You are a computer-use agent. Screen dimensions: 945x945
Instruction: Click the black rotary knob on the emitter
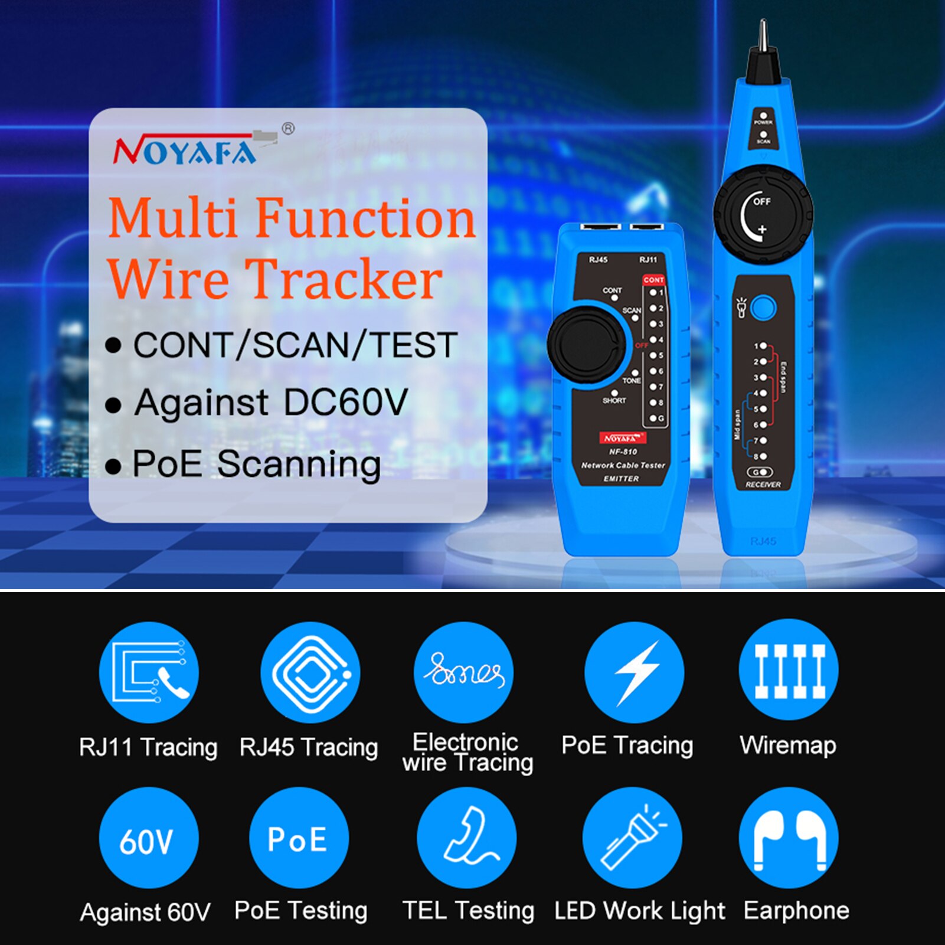pos(586,343)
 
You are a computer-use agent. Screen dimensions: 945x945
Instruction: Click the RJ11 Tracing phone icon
pos(149,672)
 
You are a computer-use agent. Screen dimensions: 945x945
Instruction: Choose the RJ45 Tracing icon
pos(310,672)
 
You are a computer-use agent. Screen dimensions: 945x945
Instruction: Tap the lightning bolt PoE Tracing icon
pos(635,672)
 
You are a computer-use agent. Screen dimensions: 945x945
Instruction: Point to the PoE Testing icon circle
pos(299,838)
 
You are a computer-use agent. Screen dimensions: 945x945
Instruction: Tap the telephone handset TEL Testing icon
pos(467,838)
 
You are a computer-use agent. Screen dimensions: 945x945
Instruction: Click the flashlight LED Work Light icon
pos(632,838)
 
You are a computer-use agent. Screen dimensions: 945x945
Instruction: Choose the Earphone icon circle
pos(789,838)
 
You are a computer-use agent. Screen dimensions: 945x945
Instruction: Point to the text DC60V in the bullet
pos(345,403)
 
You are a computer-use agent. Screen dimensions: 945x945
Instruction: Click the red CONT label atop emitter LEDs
pos(653,280)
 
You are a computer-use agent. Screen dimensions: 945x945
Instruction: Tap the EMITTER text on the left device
pos(621,479)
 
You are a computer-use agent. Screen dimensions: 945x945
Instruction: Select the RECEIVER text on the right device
pos(763,485)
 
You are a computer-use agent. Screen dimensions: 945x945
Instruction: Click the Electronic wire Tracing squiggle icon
pos(464,672)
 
